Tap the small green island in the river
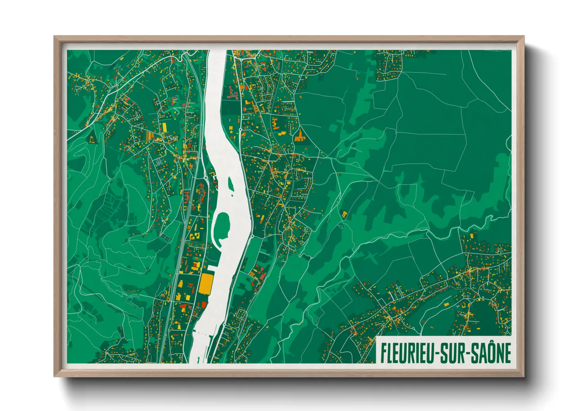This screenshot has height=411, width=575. coord(230,183)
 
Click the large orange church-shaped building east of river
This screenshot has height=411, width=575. coord(299,136)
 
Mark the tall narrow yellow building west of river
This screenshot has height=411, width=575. coord(164,127)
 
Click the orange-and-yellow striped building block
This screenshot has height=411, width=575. coord(150,136)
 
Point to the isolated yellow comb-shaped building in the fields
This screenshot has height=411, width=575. coord(344,214)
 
